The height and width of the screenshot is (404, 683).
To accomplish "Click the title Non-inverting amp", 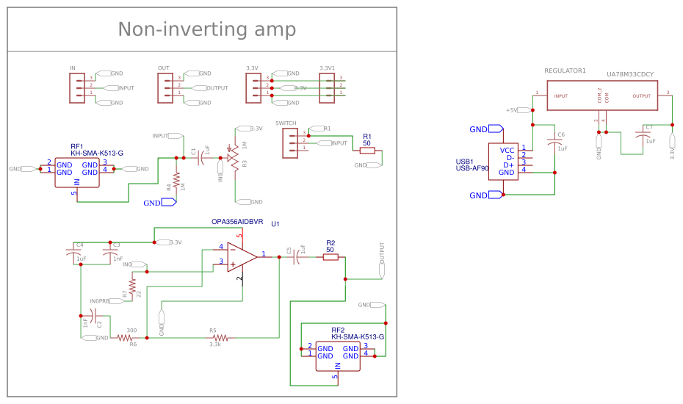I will click(206, 29).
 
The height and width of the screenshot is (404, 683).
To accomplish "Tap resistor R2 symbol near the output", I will click(330, 257).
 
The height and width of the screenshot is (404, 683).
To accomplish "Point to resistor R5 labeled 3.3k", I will click(220, 338).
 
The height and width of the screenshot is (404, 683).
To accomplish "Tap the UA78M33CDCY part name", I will click(630, 74).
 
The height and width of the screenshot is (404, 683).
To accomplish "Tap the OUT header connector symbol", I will click(164, 88).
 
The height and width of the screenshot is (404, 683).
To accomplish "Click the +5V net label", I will click(512, 110).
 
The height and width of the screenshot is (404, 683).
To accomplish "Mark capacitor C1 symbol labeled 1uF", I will click(201, 157).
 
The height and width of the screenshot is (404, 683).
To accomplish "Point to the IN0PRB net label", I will click(100, 301).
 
